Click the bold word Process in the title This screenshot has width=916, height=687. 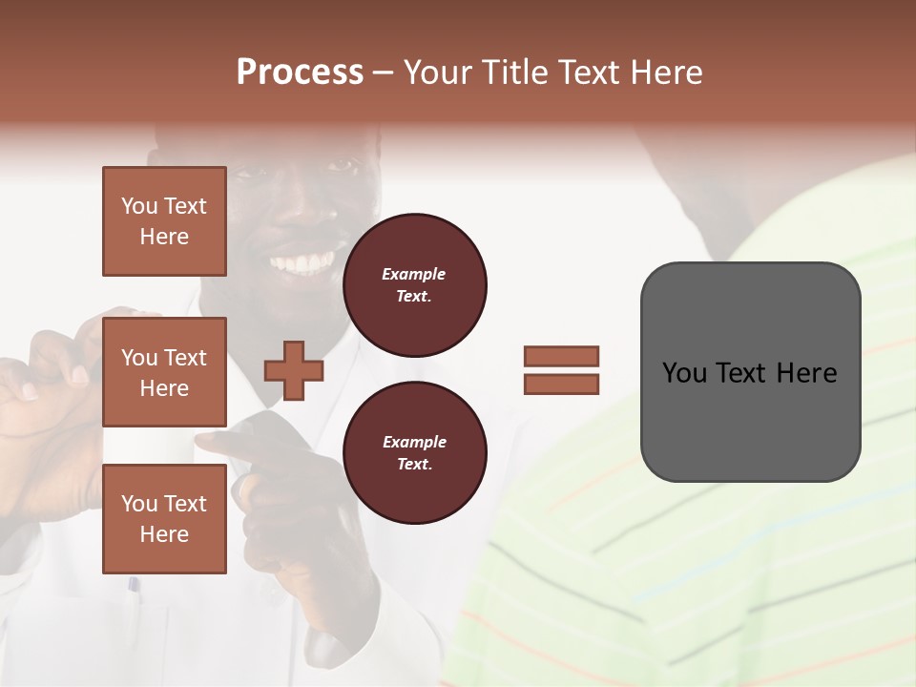coord(300,72)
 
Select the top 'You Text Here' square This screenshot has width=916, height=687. coord(164,221)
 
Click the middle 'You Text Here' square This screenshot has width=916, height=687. coord(164,372)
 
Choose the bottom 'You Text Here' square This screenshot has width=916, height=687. coord(164,519)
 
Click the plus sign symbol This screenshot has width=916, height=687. coord(294,370)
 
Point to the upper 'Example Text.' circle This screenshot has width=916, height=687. coord(414,285)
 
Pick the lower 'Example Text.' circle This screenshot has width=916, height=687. coord(414,453)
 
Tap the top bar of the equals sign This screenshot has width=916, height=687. coord(561,357)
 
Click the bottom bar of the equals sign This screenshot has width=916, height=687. coord(561,384)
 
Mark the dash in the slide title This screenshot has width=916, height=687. coord(383,73)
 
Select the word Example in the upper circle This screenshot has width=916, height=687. coord(414,274)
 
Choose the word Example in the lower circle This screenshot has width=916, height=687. coord(414,442)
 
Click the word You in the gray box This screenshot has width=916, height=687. coord(683,372)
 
